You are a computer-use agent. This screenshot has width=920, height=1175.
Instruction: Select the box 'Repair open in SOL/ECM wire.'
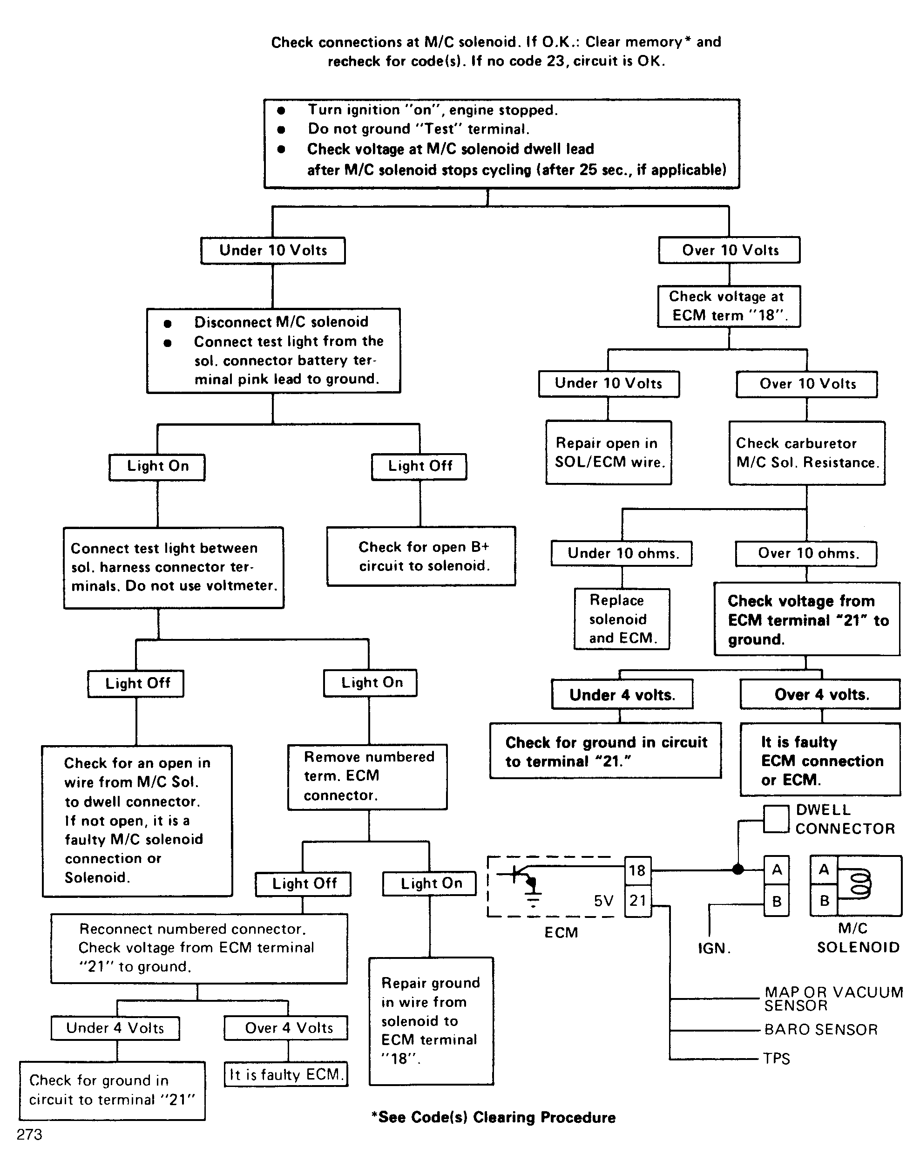pos(609,453)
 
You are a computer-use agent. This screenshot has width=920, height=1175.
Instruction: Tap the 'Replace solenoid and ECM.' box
pos(622,619)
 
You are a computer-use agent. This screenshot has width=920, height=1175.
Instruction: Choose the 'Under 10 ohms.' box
pos(622,553)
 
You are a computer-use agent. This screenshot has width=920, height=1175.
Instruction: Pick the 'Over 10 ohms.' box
pos(806,553)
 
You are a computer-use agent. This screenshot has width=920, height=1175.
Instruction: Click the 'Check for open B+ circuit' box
pos(421,556)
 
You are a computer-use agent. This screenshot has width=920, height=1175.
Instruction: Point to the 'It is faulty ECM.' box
pos(286,1074)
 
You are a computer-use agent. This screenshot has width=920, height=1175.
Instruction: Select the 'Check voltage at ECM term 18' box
pos(729,306)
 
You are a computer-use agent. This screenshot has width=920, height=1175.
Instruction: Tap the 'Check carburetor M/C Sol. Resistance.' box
pos(807,453)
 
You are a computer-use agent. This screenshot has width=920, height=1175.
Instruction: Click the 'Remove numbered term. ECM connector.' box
pos(367,777)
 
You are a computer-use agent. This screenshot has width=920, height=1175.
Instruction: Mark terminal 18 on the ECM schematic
pos(638,870)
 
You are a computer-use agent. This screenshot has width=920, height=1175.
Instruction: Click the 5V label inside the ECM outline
pos(603,901)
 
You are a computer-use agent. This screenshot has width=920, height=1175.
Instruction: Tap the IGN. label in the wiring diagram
pos(714,948)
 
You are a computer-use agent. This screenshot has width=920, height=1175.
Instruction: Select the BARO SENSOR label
pos(821,1030)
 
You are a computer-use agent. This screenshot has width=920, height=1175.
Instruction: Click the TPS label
pos(777,1059)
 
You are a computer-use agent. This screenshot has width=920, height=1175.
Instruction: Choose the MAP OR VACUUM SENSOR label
pos(834,999)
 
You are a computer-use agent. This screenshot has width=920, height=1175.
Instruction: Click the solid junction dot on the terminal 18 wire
pos(738,869)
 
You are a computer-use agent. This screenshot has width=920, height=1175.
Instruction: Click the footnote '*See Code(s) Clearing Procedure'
pos(494,1117)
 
